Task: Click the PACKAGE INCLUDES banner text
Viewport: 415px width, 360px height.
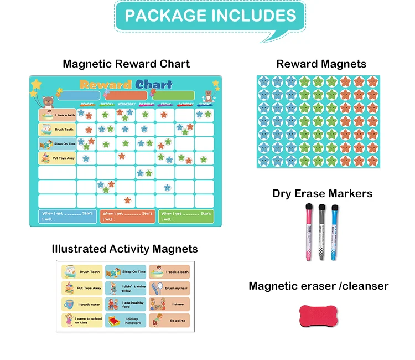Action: point(210,16)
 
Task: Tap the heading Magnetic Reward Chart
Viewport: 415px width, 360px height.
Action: point(126,64)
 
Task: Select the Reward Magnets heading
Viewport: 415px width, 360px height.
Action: point(321,64)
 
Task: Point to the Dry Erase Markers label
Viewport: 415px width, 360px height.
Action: point(322,193)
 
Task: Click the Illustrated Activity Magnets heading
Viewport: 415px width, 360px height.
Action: point(124,249)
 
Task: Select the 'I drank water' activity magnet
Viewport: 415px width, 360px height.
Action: point(82,304)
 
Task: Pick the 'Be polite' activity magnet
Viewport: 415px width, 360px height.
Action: point(169,320)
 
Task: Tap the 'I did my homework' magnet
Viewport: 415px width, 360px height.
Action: point(126,320)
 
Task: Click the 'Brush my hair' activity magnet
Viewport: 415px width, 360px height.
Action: point(169,288)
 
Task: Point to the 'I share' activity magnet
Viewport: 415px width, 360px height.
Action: point(169,304)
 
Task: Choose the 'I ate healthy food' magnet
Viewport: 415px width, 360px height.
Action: point(126,304)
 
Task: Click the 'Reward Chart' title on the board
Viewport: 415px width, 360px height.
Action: point(126,84)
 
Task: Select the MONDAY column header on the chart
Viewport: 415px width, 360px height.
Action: point(87,104)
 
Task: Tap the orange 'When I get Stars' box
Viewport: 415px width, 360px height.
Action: point(127,216)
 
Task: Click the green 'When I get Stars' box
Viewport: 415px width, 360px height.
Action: point(186,216)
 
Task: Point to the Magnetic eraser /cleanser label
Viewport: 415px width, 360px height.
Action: point(318,286)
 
